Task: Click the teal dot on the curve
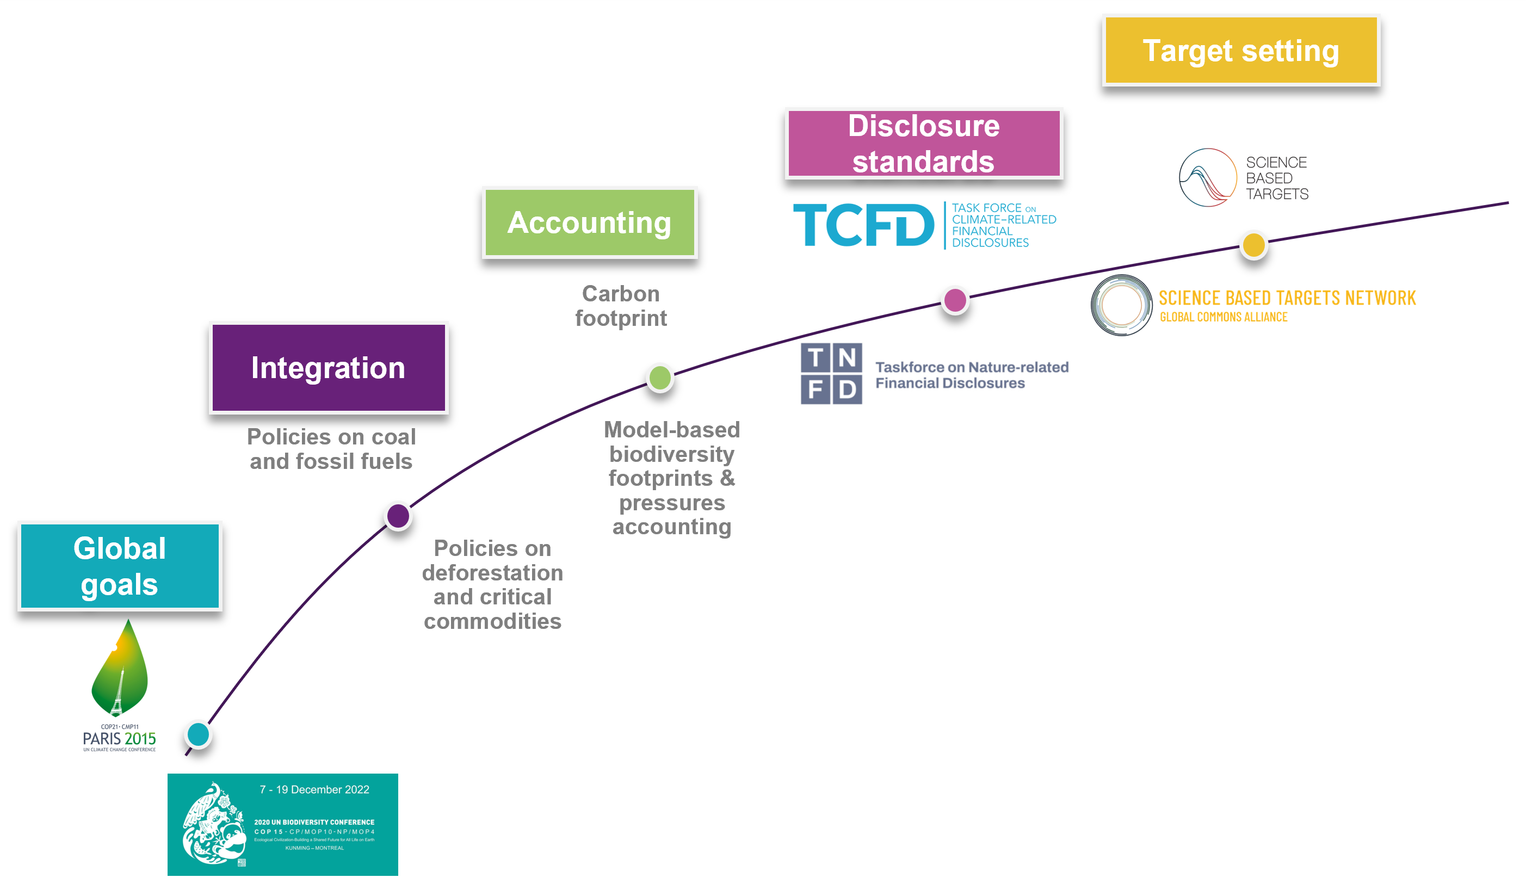[198, 734]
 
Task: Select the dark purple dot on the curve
[398, 516]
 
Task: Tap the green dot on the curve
[659, 378]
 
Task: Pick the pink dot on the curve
[955, 300]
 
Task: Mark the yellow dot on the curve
[1253, 245]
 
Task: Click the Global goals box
[119, 566]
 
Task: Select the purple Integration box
[328, 367]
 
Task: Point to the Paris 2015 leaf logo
[119, 669]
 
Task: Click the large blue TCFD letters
[863, 225]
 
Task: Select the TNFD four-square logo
[831, 374]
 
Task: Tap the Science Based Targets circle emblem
[1208, 177]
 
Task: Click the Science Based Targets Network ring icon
[1121, 305]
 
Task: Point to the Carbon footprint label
[621, 306]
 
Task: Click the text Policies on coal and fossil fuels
[331, 449]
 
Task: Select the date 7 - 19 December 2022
[314, 789]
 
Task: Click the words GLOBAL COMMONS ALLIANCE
[1223, 317]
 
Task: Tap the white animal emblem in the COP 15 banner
[213, 825]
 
